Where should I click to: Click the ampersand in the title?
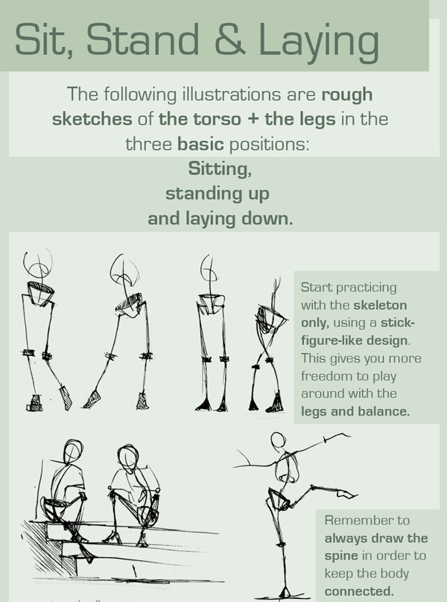tap(230, 39)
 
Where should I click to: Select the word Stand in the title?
tap(142, 39)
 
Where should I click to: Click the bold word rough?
tap(346, 95)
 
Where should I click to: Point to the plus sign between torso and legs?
tap(253, 119)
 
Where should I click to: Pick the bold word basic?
tap(200, 144)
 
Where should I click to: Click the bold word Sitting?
tap(220, 169)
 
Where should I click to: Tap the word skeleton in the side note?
tap(380, 305)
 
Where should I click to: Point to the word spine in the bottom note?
tap(341, 557)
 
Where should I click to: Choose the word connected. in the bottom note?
tap(359, 591)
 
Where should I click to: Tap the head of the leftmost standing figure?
tap(37, 262)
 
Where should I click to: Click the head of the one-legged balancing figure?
tap(278, 440)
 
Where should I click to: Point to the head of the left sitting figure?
tap(72, 451)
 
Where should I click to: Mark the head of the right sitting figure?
tap(128, 457)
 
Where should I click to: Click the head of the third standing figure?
tap(209, 269)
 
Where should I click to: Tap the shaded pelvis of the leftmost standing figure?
tap(40, 293)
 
